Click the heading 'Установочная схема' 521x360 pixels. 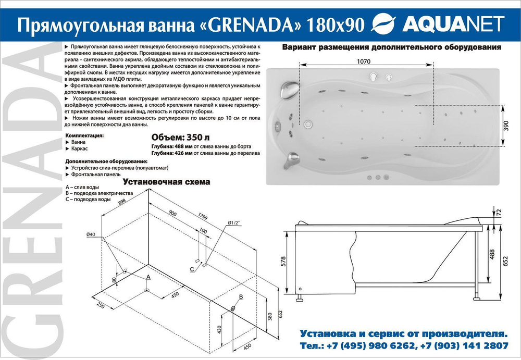[x=166, y=182]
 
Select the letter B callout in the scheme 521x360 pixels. [x=240, y=297]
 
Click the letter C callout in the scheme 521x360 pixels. [x=192, y=268]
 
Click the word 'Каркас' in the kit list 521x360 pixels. [x=79, y=148]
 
